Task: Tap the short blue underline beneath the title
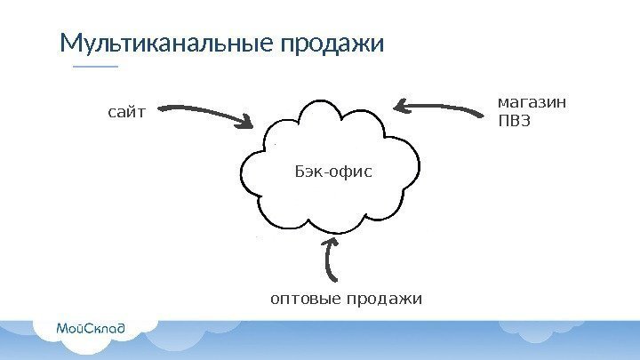[94, 67]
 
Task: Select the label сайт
[124, 113]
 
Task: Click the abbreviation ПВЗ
[514, 121]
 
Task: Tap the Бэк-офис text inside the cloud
[331, 169]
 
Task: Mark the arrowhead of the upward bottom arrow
[331, 242]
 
